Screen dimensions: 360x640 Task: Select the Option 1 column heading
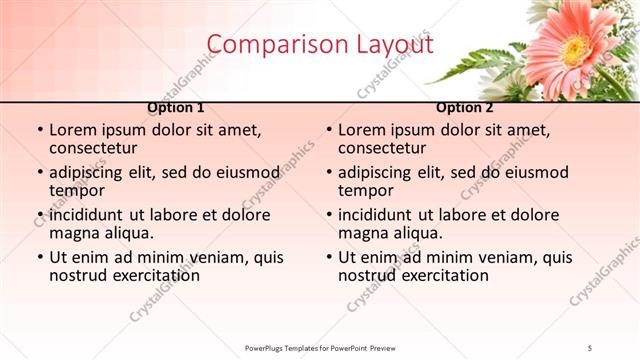tap(176, 107)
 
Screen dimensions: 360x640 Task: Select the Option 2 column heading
tap(465, 107)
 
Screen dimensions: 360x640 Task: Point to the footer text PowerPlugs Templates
tap(289, 347)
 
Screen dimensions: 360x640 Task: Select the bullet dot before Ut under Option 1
tap(38, 257)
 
